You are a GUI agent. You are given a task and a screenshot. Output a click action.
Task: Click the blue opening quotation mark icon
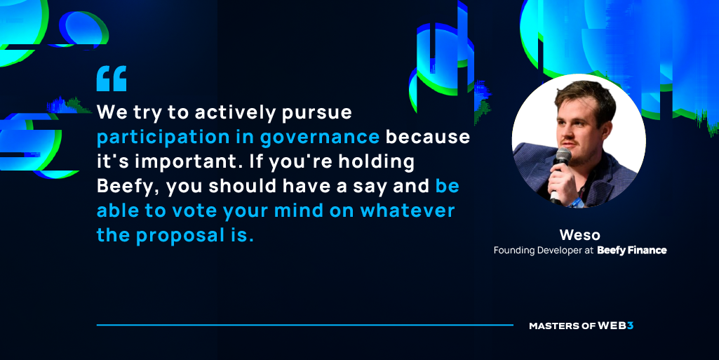point(112,79)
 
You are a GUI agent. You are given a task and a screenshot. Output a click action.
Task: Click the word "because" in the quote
point(428,137)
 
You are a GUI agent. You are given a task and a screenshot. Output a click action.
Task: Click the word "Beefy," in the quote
point(128,187)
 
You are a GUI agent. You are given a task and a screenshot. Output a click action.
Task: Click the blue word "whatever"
point(408,211)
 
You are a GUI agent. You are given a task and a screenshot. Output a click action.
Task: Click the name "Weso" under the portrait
point(579,235)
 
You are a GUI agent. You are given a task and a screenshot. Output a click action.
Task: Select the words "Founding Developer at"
point(544,251)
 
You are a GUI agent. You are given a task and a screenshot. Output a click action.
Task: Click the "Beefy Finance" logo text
point(632,251)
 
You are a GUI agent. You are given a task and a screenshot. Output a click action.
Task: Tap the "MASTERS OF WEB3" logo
point(581,326)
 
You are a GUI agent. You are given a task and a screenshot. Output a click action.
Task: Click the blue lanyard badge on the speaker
point(576,201)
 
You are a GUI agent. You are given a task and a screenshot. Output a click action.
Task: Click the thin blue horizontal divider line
point(305,325)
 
